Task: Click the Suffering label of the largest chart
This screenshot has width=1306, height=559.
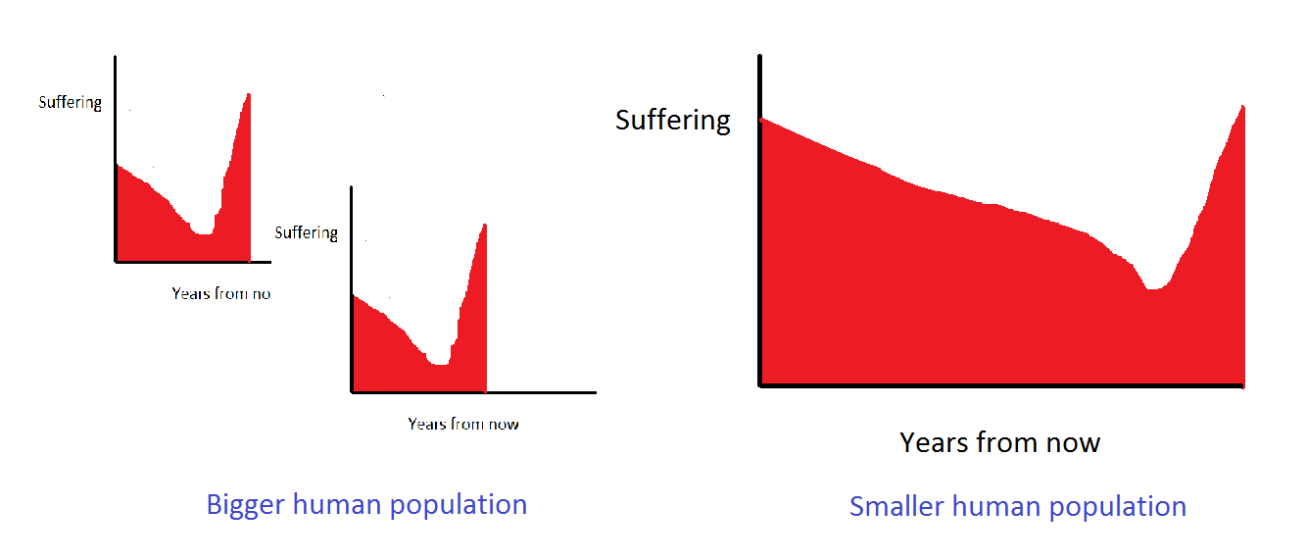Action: click(673, 121)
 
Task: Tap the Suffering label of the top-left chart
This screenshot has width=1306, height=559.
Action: click(71, 102)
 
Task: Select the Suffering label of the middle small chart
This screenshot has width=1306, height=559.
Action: click(306, 233)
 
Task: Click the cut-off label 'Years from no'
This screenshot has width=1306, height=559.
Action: click(220, 293)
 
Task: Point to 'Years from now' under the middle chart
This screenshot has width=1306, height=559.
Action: click(463, 425)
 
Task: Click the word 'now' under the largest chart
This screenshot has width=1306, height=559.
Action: click(1071, 443)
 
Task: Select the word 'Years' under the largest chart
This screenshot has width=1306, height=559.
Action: click(935, 443)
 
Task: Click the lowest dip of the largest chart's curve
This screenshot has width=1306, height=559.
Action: click(1155, 288)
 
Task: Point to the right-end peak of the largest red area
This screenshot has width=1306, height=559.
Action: click(1242, 108)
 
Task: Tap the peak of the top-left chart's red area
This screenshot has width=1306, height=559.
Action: click(249, 95)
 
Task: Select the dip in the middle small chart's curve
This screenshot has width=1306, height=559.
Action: click(439, 364)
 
